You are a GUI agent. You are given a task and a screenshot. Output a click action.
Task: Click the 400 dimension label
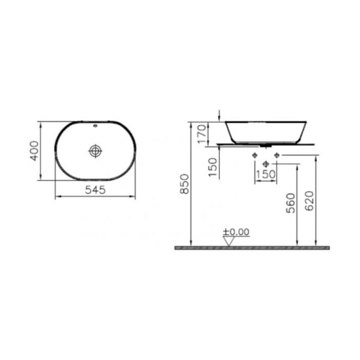tap(35, 151)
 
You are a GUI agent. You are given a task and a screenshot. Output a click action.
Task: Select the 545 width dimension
tap(95, 190)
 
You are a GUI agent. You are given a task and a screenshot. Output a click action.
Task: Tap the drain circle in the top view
tap(95, 151)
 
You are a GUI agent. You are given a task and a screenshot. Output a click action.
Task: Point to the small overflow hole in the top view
tap(95, 127)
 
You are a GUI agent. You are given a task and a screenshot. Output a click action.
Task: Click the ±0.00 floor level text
tap(236, 232)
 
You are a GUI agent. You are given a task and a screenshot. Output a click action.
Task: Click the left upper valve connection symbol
tap(255, 156)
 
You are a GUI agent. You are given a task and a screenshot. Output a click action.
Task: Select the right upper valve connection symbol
tap(276, 156)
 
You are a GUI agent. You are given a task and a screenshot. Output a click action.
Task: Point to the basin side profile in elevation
tap(266, 132)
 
